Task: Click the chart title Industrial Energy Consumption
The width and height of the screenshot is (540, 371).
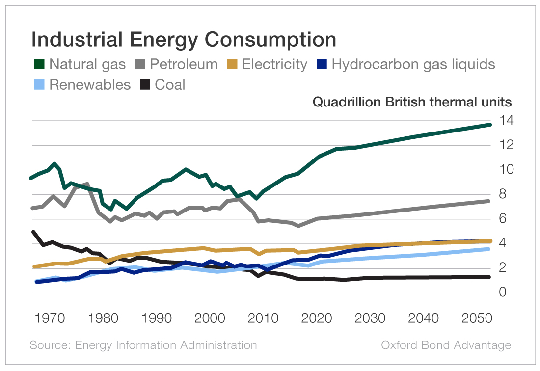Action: point(184,39)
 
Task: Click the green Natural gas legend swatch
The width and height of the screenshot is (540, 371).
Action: point(39,64)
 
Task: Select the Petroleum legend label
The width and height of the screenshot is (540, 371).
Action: point(184,64)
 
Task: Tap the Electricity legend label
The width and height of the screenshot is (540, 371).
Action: point(275,64)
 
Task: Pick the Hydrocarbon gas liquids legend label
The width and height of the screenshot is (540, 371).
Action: point(413,64)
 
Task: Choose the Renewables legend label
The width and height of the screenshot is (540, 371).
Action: point(90,84)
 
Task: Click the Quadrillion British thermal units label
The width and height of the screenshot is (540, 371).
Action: point(412,102)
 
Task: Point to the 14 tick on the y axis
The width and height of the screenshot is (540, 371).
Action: point(506,120)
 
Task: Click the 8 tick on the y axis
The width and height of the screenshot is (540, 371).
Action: point(503,194)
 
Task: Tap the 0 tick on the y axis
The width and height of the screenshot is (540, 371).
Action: point(503,293)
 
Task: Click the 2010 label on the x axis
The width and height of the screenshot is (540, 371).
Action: point(264,318)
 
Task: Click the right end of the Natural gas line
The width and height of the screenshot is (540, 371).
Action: point(489,125)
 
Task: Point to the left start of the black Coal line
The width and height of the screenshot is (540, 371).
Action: point(33,232)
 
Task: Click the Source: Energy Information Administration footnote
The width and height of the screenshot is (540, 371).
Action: point(143,345)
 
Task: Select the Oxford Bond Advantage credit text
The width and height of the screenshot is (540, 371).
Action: point(446,345)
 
